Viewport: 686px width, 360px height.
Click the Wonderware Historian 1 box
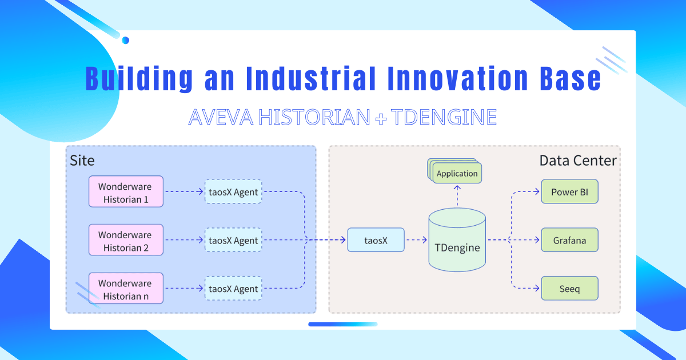click(x=126, y=191)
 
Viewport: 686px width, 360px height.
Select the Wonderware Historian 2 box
click(x=126, y=240)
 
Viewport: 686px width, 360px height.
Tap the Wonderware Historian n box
click(x=126, y=289)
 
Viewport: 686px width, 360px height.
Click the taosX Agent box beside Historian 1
click(x=233, y=191)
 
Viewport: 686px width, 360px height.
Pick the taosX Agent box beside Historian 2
click(x=233, y=240)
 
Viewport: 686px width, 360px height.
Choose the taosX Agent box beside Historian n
click(x=233, y=289)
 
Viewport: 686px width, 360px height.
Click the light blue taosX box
click(x=376, y=240)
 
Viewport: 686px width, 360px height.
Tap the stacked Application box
click(x=457, y=173)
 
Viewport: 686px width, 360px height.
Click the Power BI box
click(x=569, y=191)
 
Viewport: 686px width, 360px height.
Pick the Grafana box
click(x=569, y=240)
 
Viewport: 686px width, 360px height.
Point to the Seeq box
click(x=569, y=289)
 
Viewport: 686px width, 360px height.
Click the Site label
click(x=82, y=159)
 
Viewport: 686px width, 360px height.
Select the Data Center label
click(x=578, y=161)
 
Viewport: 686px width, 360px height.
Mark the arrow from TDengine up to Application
click(x=457, y=197)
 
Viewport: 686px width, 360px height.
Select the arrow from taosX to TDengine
click(x=417, y=240)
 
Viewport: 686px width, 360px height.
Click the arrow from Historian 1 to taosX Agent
click(x=184, y=191)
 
